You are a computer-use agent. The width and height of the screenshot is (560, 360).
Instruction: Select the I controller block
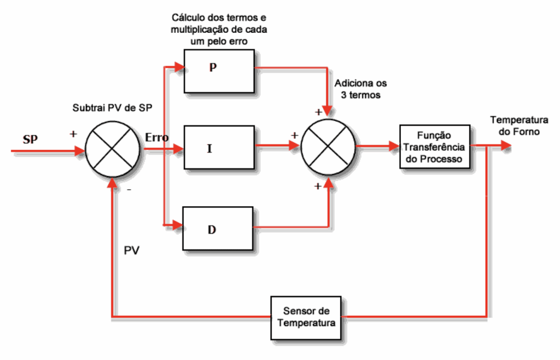coord(219,147)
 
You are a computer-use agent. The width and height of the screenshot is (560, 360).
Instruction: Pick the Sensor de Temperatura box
coord(306,317)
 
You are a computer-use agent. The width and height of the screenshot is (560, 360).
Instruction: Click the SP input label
coord(30,138)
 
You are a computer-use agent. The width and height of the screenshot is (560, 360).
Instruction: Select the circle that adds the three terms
coord(328,146)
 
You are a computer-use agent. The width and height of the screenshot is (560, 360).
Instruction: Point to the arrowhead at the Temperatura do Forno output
coord(506,146)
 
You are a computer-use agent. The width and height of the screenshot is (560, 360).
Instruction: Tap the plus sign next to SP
coord(74,133)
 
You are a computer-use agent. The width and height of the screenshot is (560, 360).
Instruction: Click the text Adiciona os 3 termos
coord(360,89)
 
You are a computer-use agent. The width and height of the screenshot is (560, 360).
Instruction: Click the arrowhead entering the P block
coord(179,68)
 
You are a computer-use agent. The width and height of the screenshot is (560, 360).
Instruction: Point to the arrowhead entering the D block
coord(177,224)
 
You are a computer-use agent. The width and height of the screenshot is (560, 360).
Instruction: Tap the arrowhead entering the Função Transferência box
coord(394,147)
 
